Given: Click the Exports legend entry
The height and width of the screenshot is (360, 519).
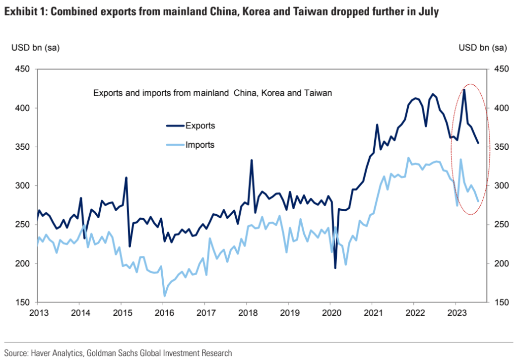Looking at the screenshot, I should coord(200,125).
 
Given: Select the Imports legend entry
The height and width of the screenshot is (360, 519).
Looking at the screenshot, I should coord(200,145).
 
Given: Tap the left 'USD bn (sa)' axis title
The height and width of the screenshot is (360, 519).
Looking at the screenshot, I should coord(35,48).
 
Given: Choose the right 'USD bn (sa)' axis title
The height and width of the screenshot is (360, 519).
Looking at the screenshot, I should coord(483,48).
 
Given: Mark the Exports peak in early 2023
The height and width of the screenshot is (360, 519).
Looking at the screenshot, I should coord(464,90).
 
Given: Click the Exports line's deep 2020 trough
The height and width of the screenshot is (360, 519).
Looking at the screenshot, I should coord(335,268).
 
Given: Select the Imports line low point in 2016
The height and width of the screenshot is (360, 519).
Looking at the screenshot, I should coord(165,296).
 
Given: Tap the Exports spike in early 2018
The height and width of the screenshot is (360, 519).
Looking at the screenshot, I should coord(252,160).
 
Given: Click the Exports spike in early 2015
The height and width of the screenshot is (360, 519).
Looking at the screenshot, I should coord(126,178).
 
